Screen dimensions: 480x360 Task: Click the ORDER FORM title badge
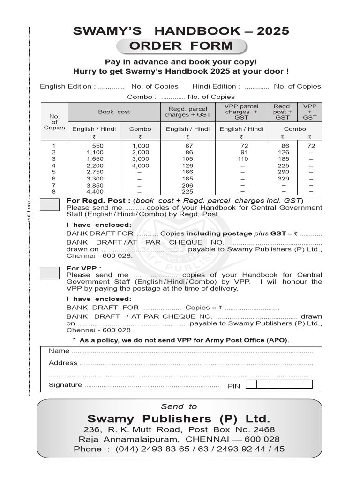point(181,46)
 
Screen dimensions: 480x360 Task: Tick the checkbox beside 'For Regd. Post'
point(50,205)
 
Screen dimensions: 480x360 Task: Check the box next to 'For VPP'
point(50,272)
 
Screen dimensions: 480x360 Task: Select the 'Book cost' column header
point(114,112)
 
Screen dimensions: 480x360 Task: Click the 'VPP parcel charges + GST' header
point(241,112)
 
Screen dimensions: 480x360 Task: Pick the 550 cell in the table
point(97,146)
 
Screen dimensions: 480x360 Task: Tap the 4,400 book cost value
point(95,192)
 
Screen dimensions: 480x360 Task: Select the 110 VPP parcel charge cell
point(241,159)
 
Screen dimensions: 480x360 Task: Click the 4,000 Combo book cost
point(140,165)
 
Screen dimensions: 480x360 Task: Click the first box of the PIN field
point(251,385)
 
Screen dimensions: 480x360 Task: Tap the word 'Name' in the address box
point(59,351)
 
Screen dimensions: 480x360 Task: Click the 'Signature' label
point(65,385)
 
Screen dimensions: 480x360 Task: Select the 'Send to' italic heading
point(179,406)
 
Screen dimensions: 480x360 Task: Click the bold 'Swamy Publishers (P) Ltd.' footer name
point(179,419)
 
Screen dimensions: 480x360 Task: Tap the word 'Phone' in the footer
point(88,449)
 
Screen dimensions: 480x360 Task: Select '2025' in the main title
point(270,31)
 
